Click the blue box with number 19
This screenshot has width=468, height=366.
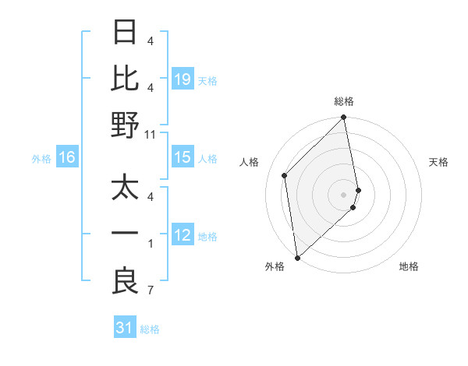point(183,79)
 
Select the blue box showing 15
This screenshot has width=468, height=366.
point(183,158)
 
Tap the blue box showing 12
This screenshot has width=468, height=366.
point(183,235)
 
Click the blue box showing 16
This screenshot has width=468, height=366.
point(67,158)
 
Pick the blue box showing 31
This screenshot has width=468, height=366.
point(125,328)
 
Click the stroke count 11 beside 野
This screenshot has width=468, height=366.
point(151,134)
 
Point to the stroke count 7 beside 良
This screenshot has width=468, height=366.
point(151,291)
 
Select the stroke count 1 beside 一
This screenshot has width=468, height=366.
point(151,244)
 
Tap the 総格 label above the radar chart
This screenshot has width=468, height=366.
point(344,102)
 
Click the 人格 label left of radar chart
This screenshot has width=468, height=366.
point(250,162)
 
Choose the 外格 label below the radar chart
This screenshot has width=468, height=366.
point(274,266)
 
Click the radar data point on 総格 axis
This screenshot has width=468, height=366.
point(344,118)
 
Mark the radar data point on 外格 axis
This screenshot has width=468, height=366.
point(297,257)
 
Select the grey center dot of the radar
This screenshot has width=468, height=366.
point(344,194)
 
